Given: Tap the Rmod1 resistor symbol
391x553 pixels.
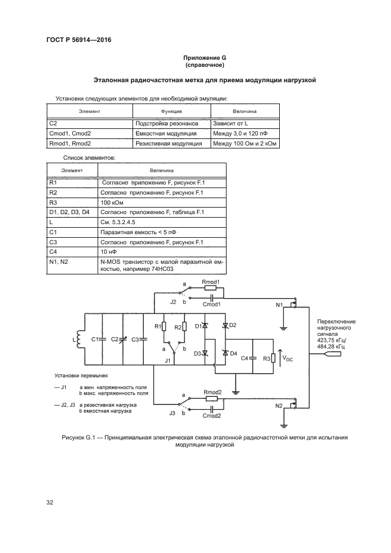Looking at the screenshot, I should (x=211, y=289).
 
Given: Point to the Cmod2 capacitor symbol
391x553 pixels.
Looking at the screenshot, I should (x=211, y=407).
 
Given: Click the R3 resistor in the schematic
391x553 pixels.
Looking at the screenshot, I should (x=273, y=358).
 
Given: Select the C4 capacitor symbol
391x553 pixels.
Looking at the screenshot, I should (x=253, y=358).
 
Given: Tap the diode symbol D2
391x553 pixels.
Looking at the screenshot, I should (x=225, y=326).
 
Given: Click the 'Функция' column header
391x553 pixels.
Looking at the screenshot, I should (x=171, y=111).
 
